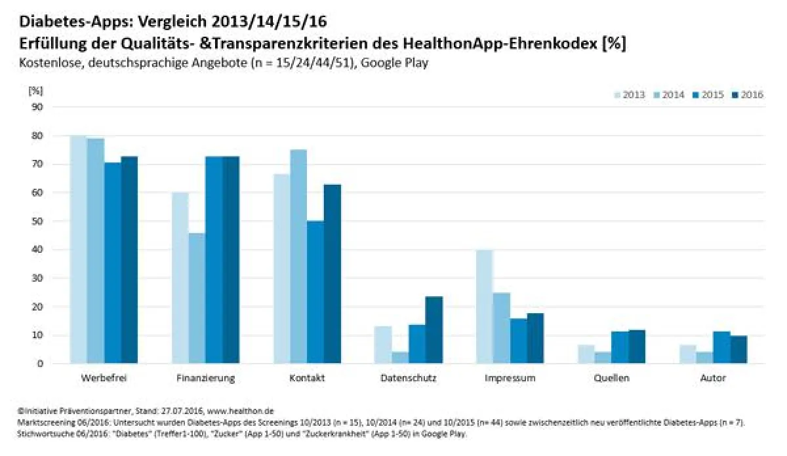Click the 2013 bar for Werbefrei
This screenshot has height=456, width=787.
(78, 250)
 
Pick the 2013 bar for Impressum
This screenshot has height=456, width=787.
(485, 307)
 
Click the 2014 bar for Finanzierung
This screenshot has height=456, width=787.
(197, 298)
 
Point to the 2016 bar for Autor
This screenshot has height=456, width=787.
(738, 350)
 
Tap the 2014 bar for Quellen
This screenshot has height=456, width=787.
(603, 358)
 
